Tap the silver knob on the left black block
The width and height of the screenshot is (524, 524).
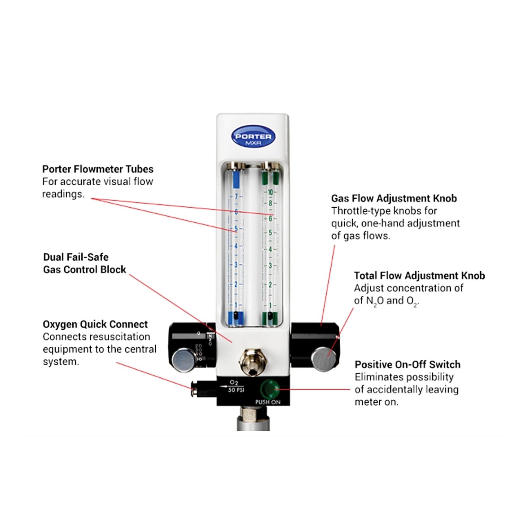[x=183, y=360]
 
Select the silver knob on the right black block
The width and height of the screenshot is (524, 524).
[x=324, y=359]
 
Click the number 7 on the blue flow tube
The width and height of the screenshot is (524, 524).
[x=236, y=196]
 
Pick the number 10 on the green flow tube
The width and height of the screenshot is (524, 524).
[x=270, y=192]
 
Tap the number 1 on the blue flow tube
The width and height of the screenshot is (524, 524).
[x=236, y=305]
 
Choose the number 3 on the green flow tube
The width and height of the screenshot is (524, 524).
[x=270, y=266]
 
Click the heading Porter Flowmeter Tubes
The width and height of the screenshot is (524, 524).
[x=98, y=169]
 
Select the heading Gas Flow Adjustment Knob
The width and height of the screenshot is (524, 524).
[x=394, y=198]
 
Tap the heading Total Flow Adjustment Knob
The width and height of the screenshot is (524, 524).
[x=419, y=276]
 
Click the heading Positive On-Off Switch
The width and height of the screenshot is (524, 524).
[x=408, y=365]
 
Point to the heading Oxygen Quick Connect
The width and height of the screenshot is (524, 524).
[x=95, y=324]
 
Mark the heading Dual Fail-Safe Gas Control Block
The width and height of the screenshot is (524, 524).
[x=85, y=263]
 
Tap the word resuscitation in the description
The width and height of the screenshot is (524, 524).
[x=115, y=337]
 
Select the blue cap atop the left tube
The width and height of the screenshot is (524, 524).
[x=236, y=179]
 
